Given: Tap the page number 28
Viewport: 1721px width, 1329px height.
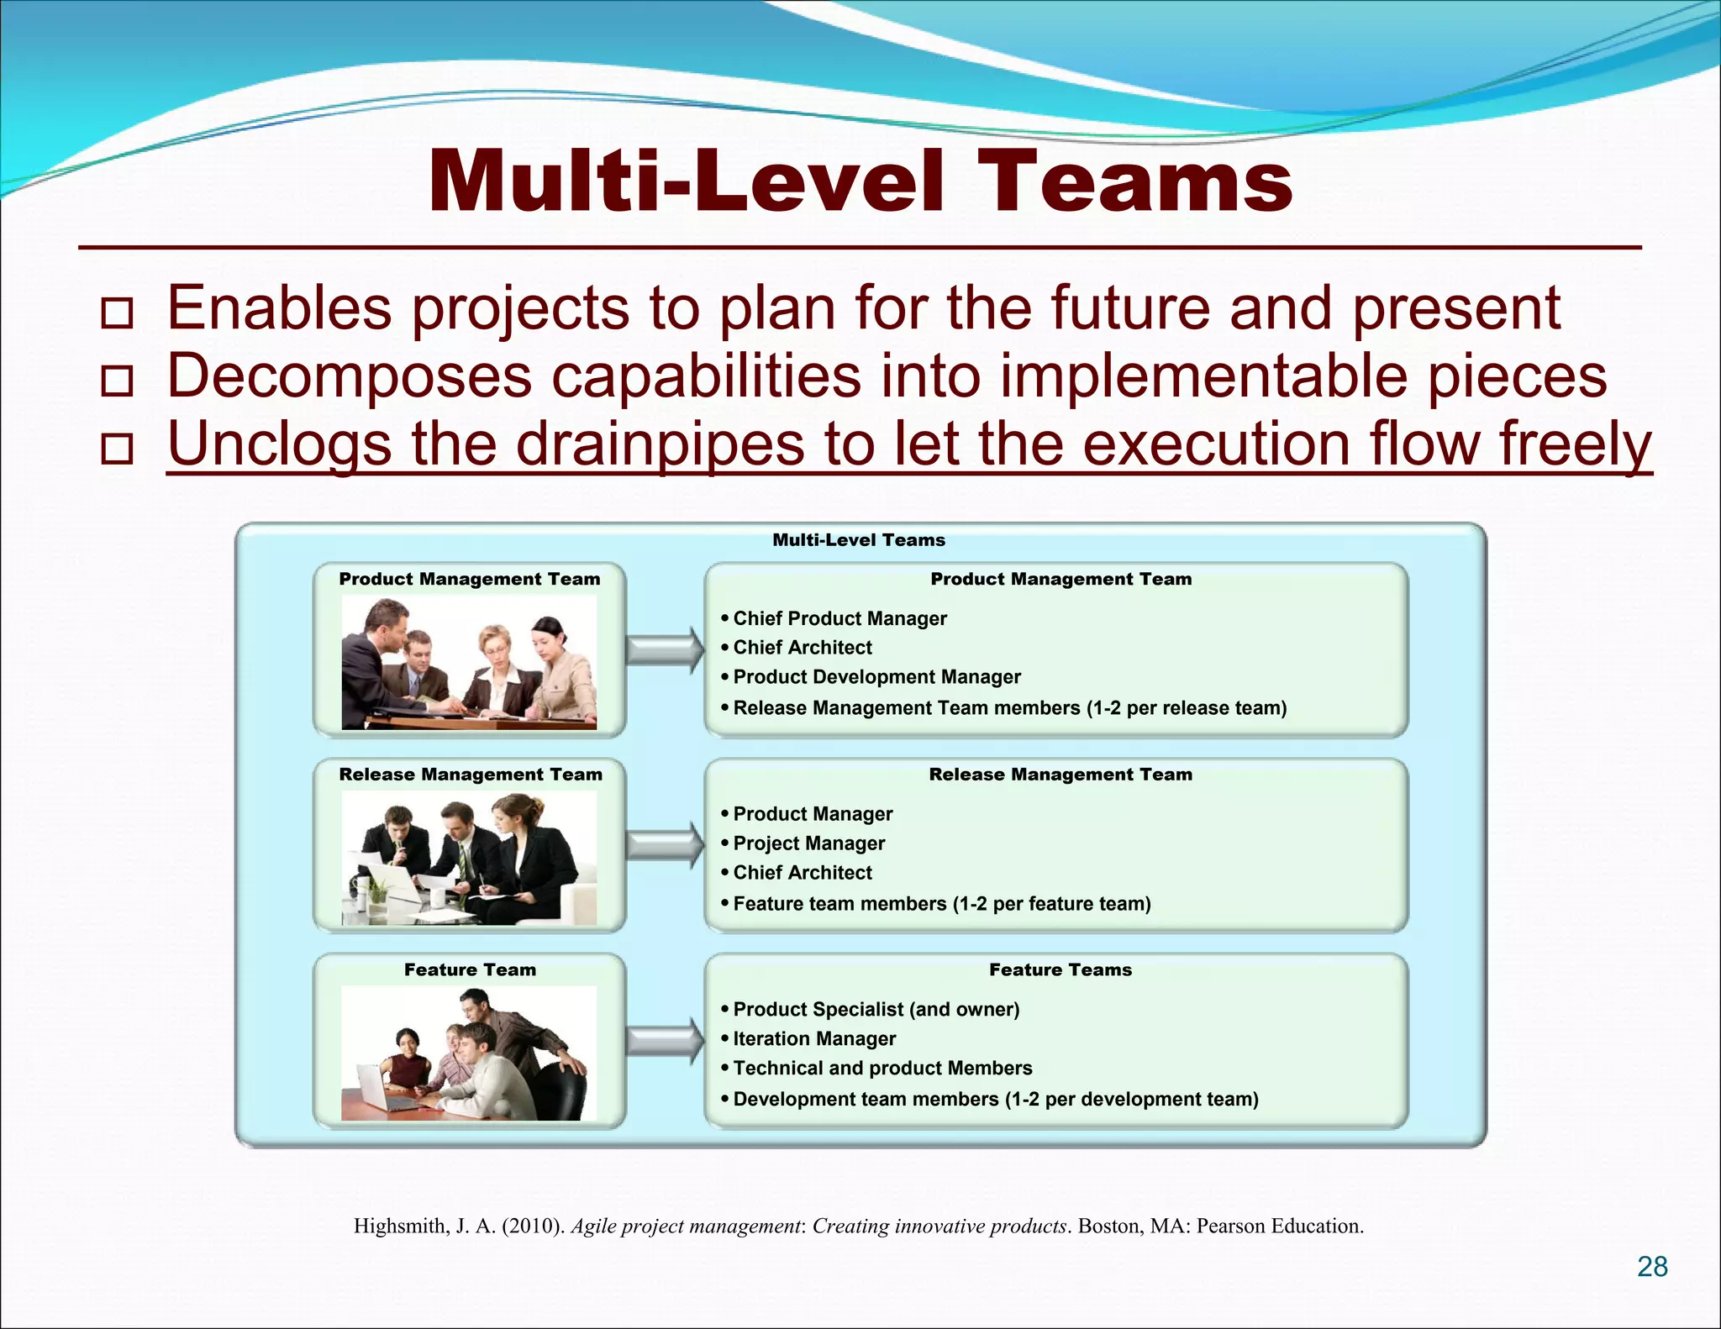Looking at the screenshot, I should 1651,1267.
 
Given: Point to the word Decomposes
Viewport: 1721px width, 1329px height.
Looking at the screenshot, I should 349,376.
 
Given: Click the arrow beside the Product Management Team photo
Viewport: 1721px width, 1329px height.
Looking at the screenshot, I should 664,649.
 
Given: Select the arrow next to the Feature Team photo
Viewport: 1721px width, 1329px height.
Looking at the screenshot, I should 664,1041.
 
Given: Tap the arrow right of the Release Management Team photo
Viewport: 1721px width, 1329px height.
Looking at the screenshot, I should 664,845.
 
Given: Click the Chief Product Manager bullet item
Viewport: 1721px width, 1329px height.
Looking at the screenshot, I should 839,618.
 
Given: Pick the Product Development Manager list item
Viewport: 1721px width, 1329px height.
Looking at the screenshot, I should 876,677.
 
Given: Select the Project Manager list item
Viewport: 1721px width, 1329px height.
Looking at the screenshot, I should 808,843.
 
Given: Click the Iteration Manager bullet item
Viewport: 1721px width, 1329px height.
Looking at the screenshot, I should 813,1039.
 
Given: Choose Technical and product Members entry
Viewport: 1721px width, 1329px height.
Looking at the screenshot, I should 882,1069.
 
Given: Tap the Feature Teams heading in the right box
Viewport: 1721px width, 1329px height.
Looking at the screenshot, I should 1060,970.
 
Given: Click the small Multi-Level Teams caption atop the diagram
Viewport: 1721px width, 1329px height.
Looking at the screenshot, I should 858,540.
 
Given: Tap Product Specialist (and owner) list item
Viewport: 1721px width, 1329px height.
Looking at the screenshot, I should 876,1010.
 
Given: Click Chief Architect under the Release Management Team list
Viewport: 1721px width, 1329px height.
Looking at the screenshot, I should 802,873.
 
